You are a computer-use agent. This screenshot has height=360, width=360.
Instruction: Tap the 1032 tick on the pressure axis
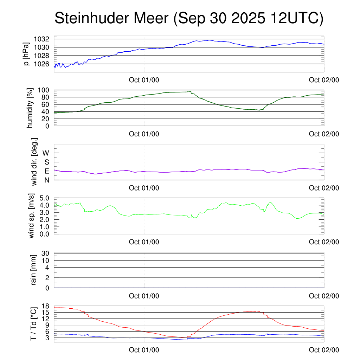coord(43,39)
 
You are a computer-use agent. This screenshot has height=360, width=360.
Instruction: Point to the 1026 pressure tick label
coord(43,64)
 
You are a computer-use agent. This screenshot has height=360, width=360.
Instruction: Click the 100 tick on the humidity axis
coord(45,90)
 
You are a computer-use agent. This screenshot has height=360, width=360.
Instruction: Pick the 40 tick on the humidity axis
coord(47,112)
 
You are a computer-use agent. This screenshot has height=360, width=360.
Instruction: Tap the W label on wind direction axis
coord(46,153)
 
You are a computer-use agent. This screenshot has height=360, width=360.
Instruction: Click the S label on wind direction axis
coord(46,162)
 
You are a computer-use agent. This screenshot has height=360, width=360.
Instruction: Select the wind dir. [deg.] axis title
coord(34,161)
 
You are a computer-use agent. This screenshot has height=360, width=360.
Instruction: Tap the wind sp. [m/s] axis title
coord(32,216)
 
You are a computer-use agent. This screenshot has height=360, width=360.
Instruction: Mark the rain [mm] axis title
coord(34,270)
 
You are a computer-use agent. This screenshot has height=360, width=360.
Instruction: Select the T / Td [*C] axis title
coord(33,324)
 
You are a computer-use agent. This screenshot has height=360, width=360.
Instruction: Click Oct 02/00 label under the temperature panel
coord(324,350)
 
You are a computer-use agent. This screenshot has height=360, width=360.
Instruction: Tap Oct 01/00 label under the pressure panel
coord(144,80)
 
